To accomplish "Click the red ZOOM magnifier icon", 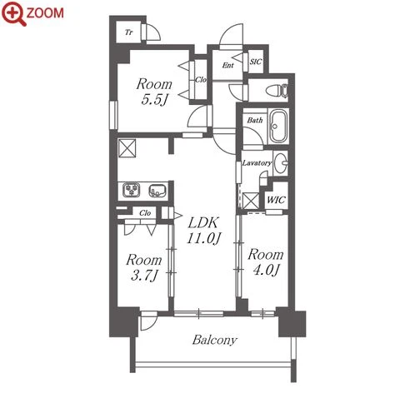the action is pyautogui.click(x=14, y=13).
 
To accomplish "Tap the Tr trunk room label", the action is pyautogui.click(x=128, y=32).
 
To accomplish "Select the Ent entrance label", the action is pyautogui.click(x=227, y=65).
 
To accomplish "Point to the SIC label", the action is pyautogui.click(x=256, y=62).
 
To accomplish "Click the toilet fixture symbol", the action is pyautogui.click(x=277, y=91).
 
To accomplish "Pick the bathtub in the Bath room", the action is pyautogui.click(x=278, y=127).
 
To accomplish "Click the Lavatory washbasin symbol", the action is pyautogui.click(x=281, y=163).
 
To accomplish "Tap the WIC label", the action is pyautogui.click(x=276, y=200).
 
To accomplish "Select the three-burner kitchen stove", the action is pyautogui.click(x=131, y=190).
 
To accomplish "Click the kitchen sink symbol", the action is pyautogui.click(x=157, y=191).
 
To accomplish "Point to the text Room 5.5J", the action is pyautogui.click(x=154, y=92).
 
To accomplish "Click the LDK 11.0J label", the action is pyautogui.click(x=203, y=230).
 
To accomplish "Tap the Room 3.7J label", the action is pyautogui.click(x=143, y=267).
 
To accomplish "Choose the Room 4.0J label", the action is pyautogui.click(x=266, y=262).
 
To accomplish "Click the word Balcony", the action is pyautogui.click(x=215, y=340).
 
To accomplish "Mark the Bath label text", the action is pyautogui.click(x=255, y=120).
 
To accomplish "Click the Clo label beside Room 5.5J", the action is pyautogui.click(x=201, y=80).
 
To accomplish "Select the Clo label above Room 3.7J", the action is pyautogui.click(x=145, y=213).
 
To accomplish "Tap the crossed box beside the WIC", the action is pyautogui.click(x=251, y=201).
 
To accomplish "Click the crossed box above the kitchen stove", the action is pyautogui.click(x=127, y=148).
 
